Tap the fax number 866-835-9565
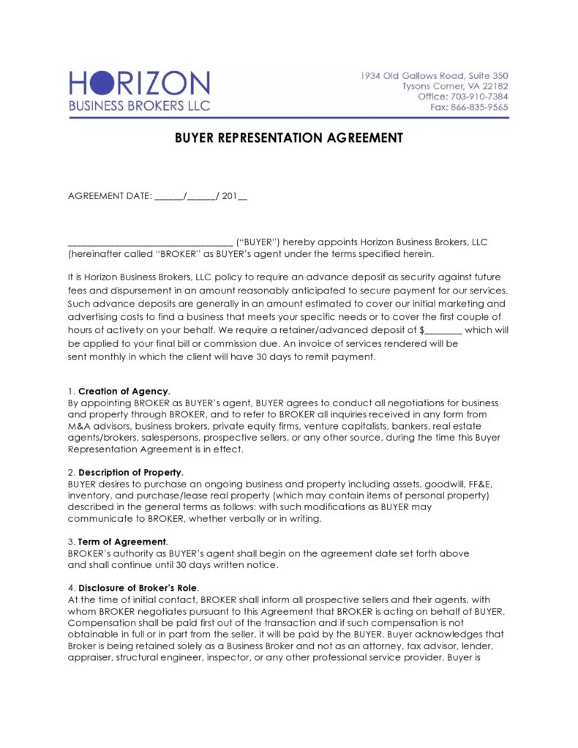click(479, 107)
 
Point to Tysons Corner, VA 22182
click(454, 86)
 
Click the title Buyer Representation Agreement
click(288, 138)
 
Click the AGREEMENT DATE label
click(110, 195)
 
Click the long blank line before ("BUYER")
click(150, 242)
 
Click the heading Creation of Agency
click(124, 391)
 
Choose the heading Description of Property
click(130, 471)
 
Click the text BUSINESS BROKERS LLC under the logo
click(139, 105)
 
